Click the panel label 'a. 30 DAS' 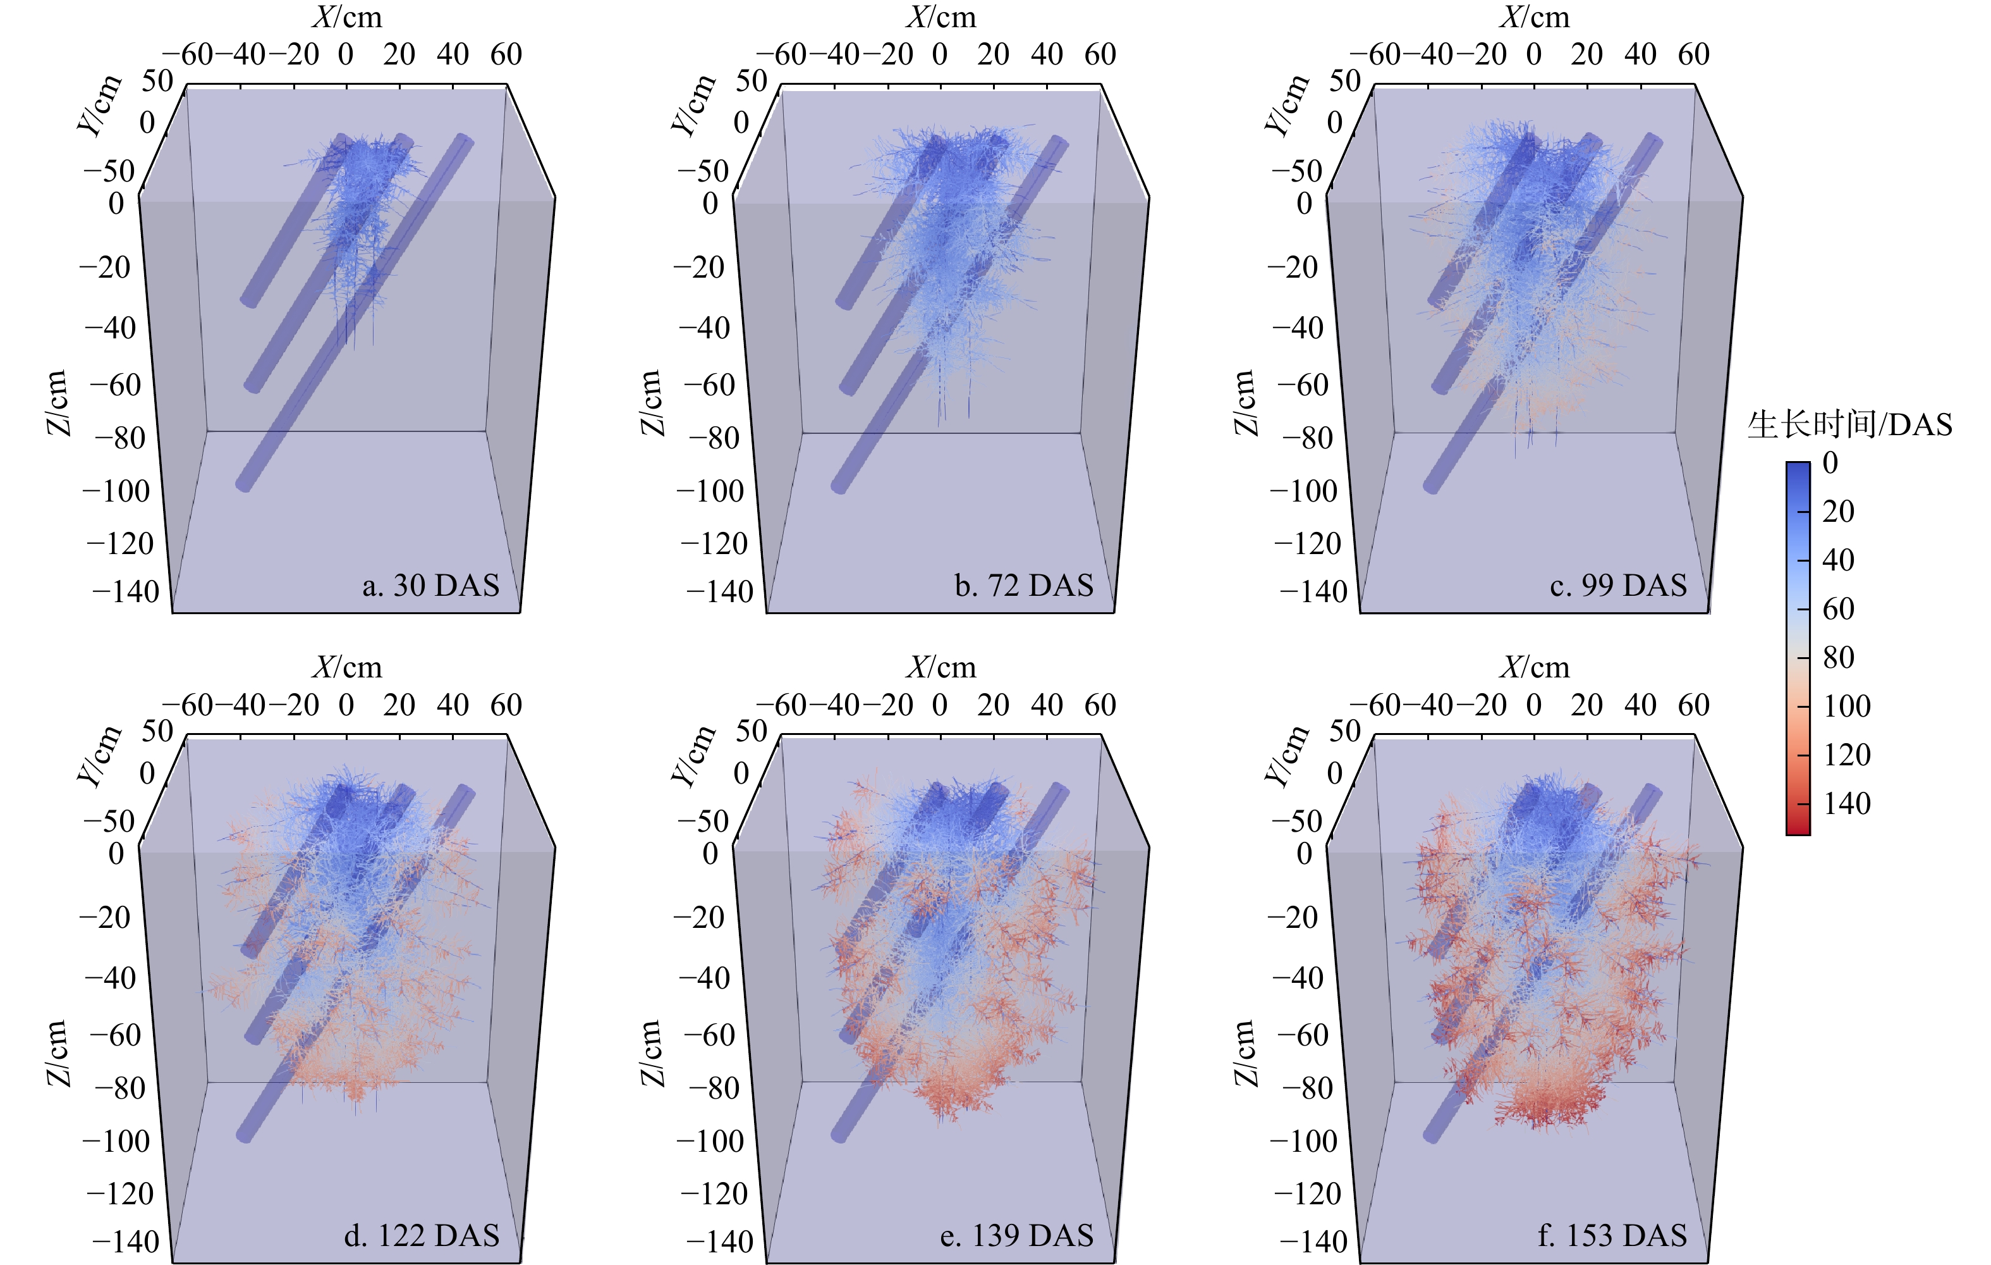[x=431, y=586]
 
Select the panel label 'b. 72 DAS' [x=1023, y=586]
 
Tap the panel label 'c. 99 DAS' [x=1618, y=586]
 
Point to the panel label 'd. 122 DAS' [x=422, y=1235]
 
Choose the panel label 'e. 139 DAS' [x=1016, y=1235]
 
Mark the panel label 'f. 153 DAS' [x=1612, y=1235]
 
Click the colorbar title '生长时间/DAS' [x=1849, y=425]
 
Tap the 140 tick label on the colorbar [x=1846, y=803]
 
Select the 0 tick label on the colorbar [x=1830, y=464]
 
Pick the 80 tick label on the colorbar [x=1838, y=658]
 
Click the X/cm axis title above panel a [x=347, y=17]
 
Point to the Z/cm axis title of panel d [x=56, y=1052]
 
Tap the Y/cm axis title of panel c [x=1286, y=104]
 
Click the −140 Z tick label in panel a [x=126, y=593]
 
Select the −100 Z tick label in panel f [x=1303, y=1142]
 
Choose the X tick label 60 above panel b [x=1100, y=54]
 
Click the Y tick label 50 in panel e [x=751, y=731]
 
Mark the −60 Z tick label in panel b [x=709, y=385]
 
